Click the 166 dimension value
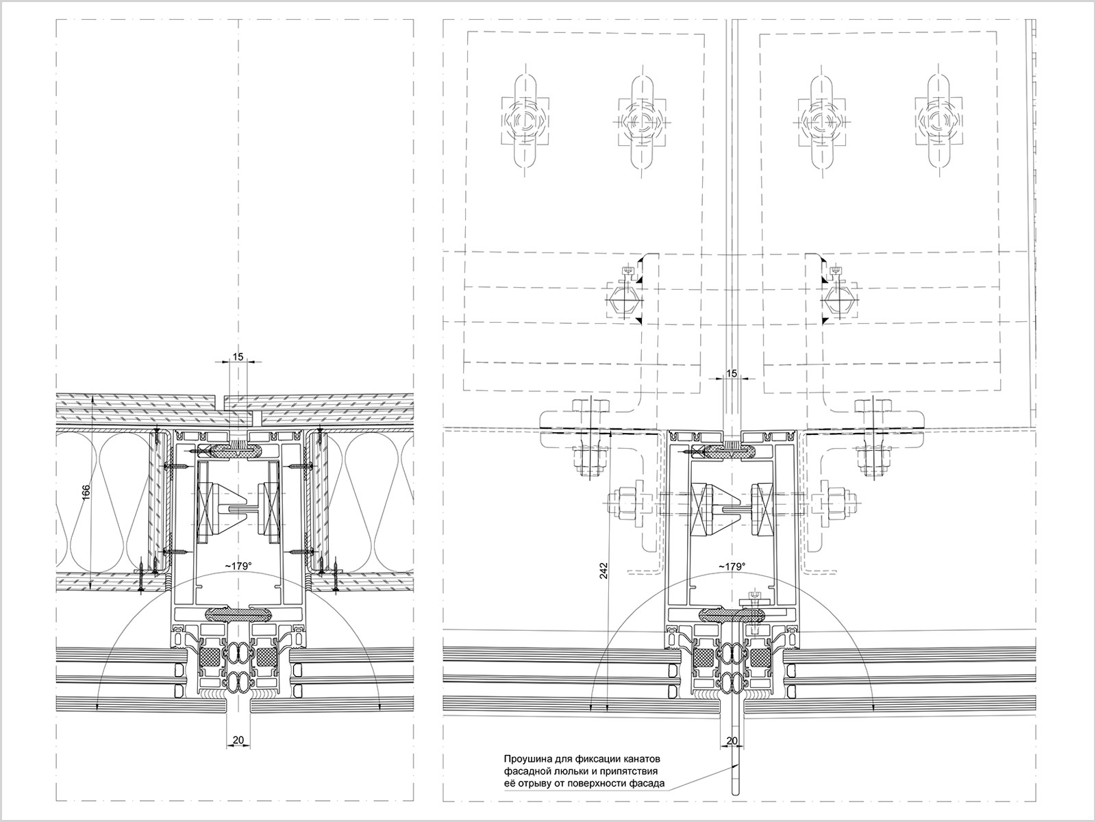pos(86,494)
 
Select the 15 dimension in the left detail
pos(238,356)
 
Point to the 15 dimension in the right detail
pos(732,373)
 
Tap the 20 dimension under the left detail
pos(238,740)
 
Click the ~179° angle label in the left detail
pos(238,566)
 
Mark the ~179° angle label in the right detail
pos(732,566)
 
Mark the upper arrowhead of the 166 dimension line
pos(93,398)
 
